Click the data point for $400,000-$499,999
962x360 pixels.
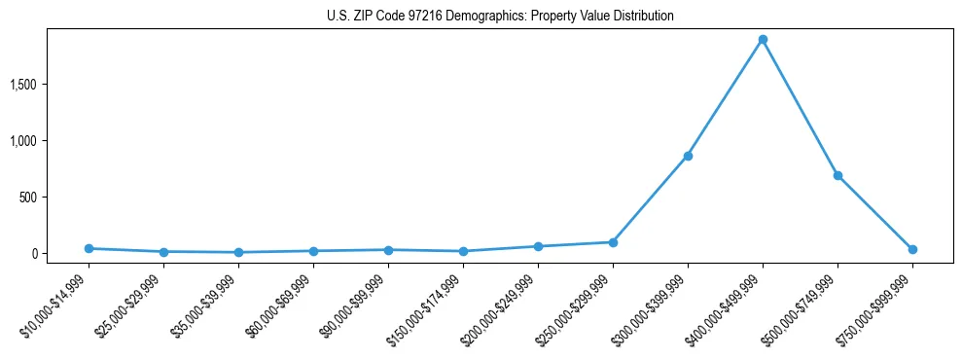click(763, 40)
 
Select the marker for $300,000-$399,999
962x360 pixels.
click(688, 156)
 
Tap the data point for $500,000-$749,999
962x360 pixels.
click(837, 176)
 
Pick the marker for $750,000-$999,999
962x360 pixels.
click(912, 250)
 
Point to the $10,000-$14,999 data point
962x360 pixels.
click(89, 248)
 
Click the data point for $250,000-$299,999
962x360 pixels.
click(613, 242)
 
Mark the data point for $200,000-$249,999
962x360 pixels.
click(538, 246)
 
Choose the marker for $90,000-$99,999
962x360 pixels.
click(388, 250)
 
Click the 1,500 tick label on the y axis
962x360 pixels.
click(50, 85)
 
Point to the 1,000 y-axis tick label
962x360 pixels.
click(50, 141)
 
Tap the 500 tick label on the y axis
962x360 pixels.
click(54, 198)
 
